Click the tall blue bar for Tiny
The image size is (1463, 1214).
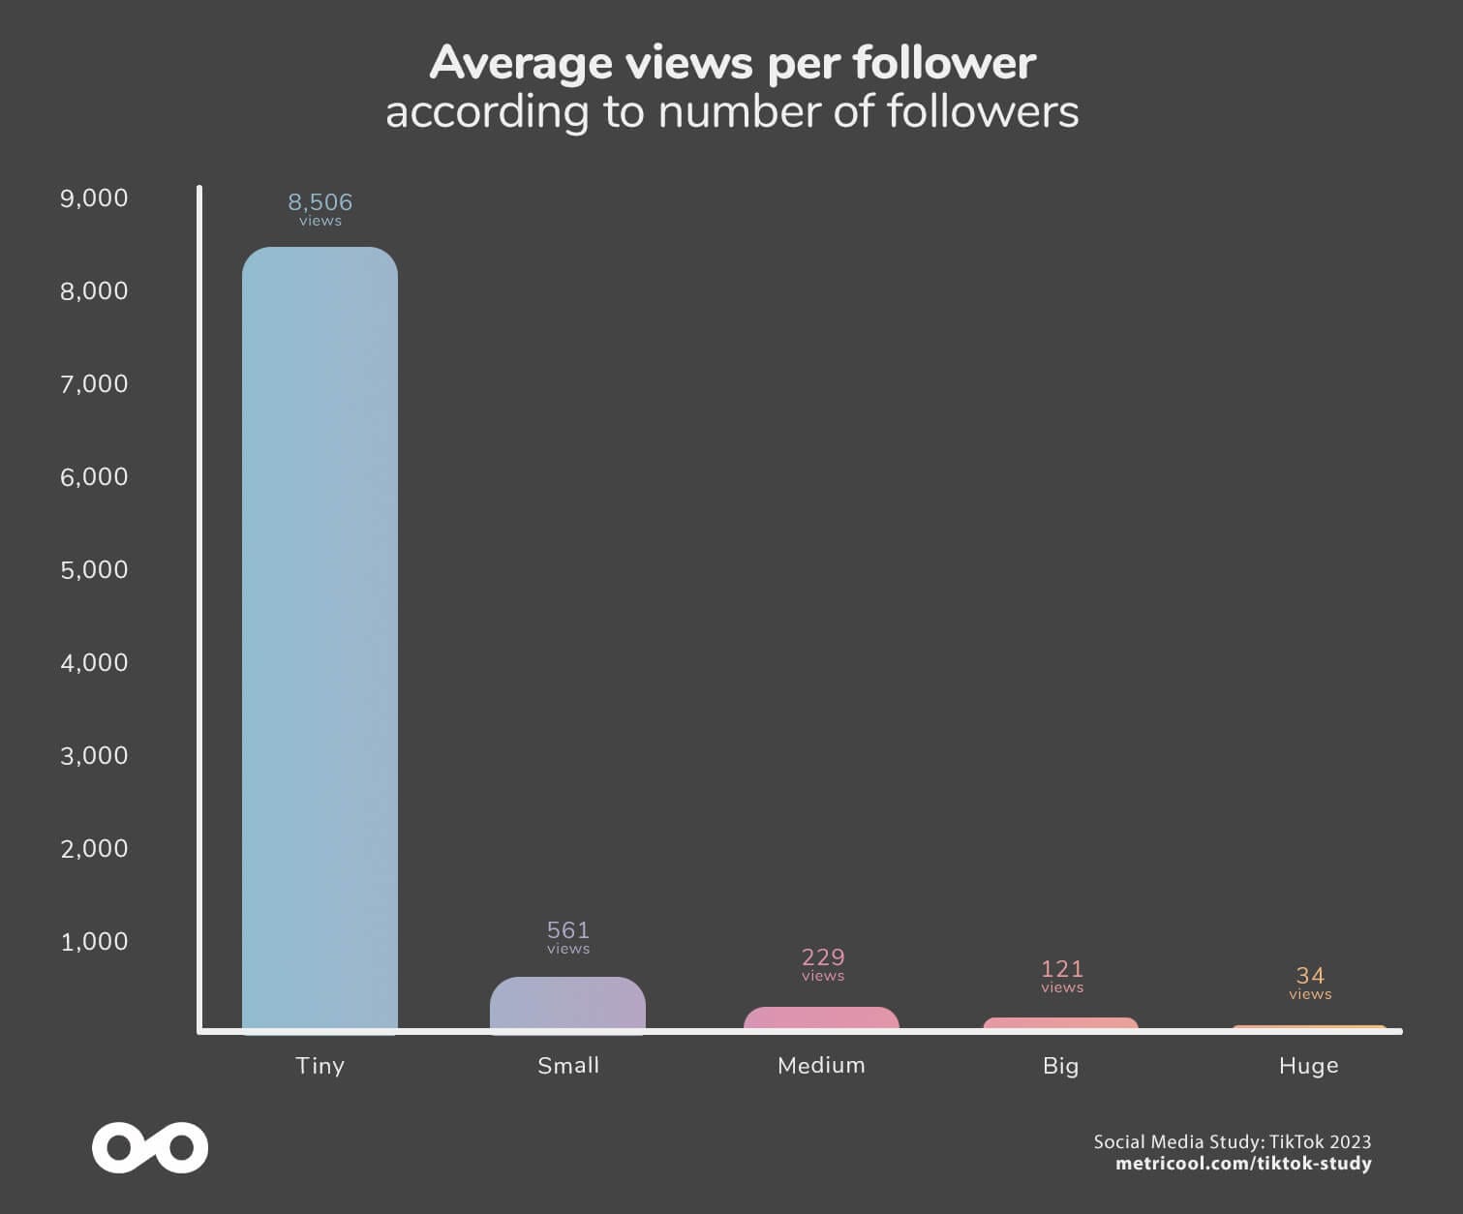pos(320,639)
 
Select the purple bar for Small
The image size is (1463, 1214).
pos(567,1004)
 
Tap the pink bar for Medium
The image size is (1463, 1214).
pos(821,1018)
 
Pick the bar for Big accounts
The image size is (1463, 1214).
pos(1060,1023)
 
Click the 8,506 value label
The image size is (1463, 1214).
pos(320,202)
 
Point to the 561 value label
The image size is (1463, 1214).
pos(568,930)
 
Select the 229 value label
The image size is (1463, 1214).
pos(823,957)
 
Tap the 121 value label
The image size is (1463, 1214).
pos(1062,969)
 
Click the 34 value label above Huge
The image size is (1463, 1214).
pos(1310,976)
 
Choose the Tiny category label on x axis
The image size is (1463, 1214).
pos(320,1066)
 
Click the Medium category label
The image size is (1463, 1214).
pos(821,1066)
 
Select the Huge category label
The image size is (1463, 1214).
pos(1308,1066)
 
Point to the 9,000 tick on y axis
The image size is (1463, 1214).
pos(94,198)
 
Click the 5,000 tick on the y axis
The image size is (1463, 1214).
pos(94,570)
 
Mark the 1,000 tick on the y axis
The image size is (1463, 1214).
pos(94,942)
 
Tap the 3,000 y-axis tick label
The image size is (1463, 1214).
pos(94,756)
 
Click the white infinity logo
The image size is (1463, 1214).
pos(150,1148)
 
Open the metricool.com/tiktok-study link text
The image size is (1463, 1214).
pos(1243,1164)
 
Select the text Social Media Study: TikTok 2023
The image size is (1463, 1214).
pos(1232,1141)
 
